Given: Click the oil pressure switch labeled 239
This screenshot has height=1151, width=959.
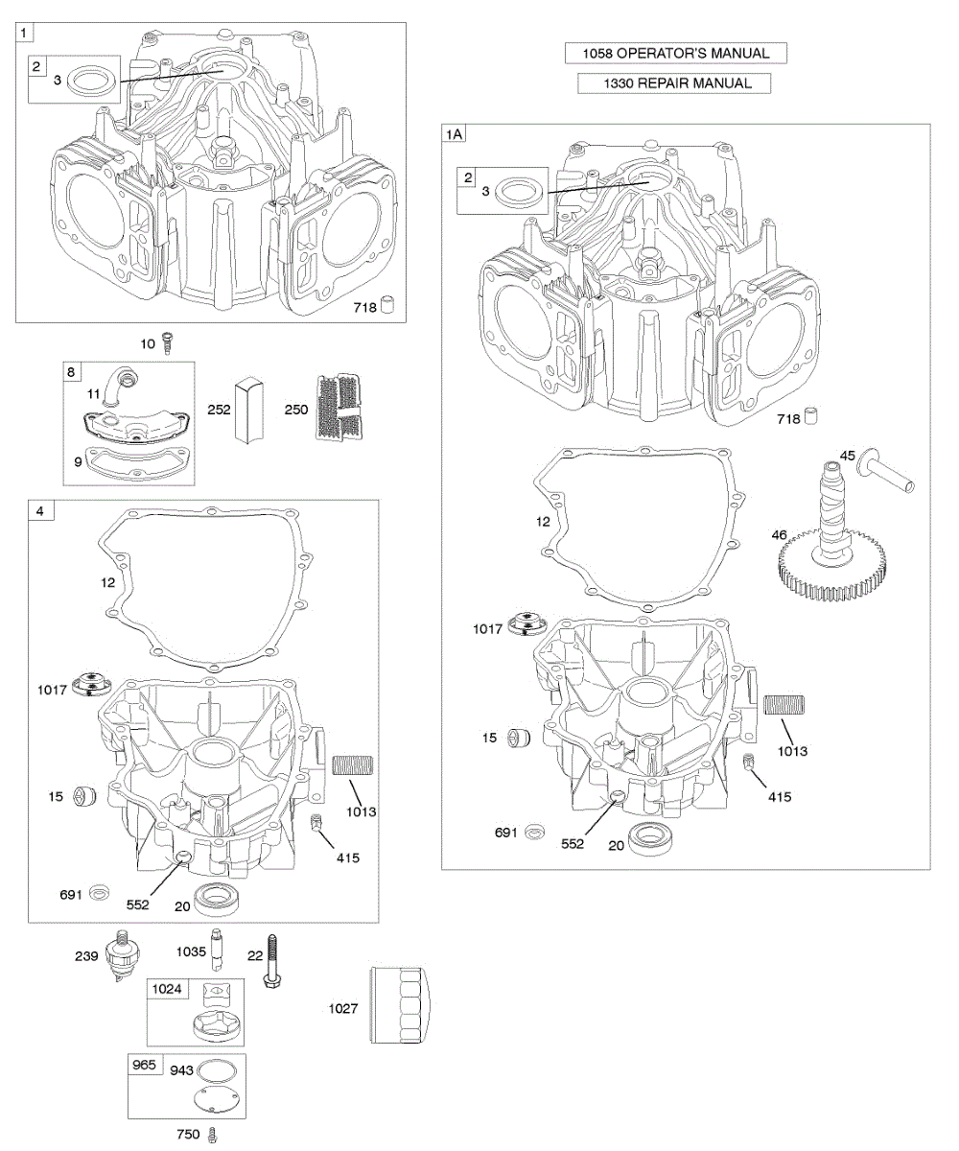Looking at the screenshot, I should pos(121,957).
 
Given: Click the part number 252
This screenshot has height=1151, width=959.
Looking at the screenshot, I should pos(220,409).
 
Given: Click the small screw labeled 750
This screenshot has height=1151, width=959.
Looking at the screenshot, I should pos(214,1135).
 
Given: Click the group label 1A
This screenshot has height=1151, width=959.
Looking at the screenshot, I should pos(454,135).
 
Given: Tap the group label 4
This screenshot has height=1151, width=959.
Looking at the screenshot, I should pos(39,511).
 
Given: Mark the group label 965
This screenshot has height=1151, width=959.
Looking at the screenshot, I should pos(141,1065).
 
